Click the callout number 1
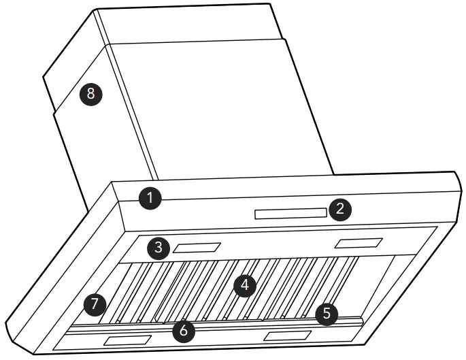(x=150, y=199)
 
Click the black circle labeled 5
(x=327, y=313)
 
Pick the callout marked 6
(x=183, y=331)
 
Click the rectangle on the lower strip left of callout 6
(x=127, y=340)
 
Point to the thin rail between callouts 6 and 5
(x=259, y=322)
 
